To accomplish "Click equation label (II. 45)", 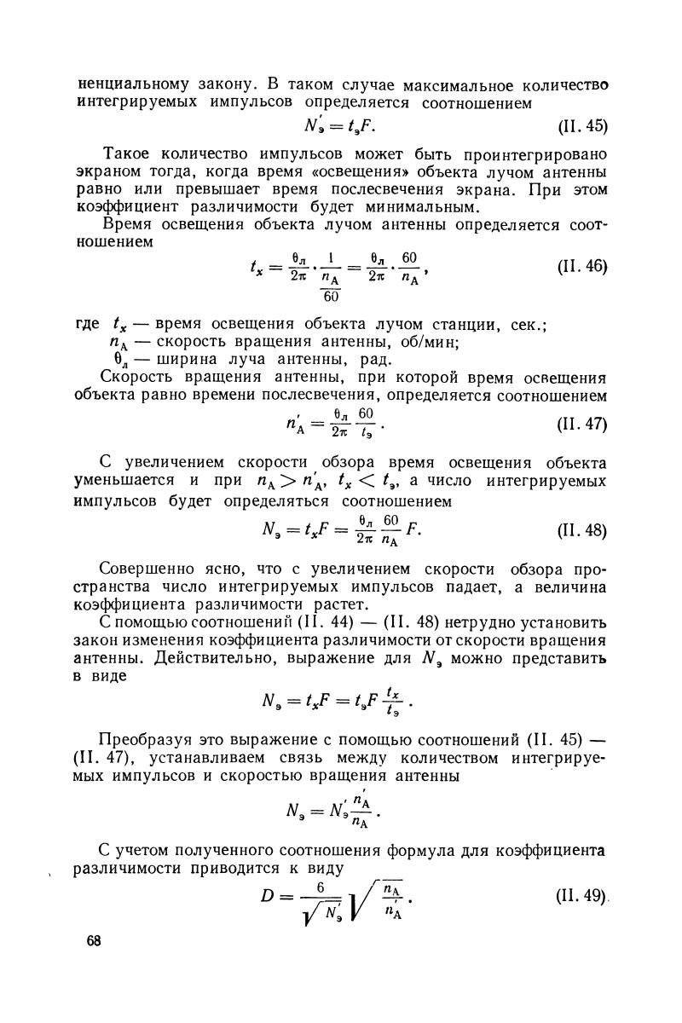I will point(582,126).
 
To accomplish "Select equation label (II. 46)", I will point(582,266).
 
